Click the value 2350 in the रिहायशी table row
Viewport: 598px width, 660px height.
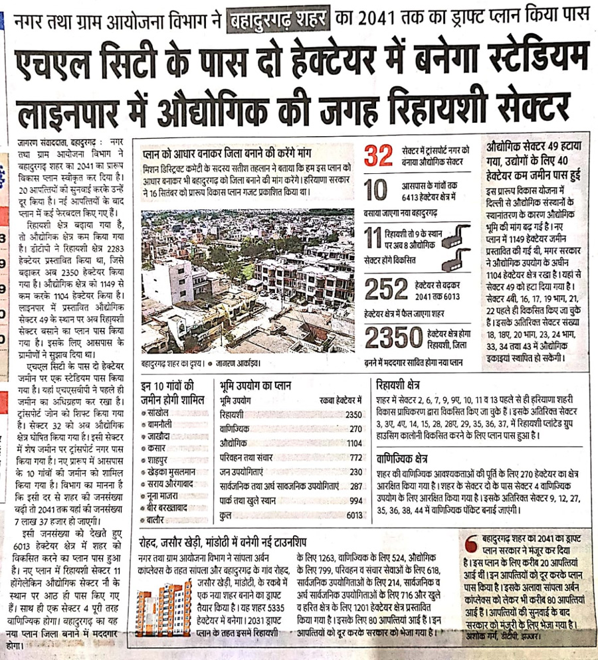coord(353,414)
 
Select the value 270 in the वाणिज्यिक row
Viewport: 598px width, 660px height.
coord(355,429)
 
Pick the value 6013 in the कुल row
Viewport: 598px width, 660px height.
coord(354,514)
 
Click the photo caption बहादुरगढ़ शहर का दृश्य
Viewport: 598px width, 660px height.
coord(169,364)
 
